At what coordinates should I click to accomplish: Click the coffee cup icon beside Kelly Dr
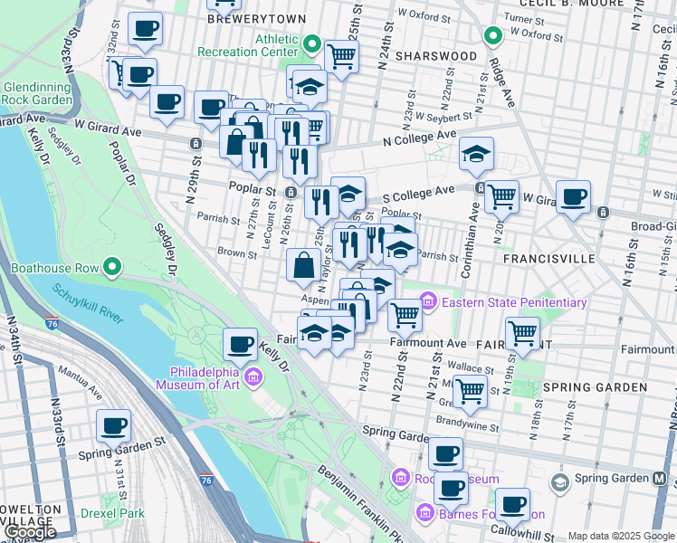[x=240, y=343]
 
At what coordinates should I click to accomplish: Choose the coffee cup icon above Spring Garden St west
[x=113, y=424]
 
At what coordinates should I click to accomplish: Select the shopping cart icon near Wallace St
[x=469, y=390]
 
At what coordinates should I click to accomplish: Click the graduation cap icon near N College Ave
[x=476, y=153]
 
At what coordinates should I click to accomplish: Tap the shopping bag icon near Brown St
[x=303, y=265]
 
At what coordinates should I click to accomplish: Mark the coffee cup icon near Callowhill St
[x=513, y=503]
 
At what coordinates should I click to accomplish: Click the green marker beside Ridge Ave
[x=492, y=36]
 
